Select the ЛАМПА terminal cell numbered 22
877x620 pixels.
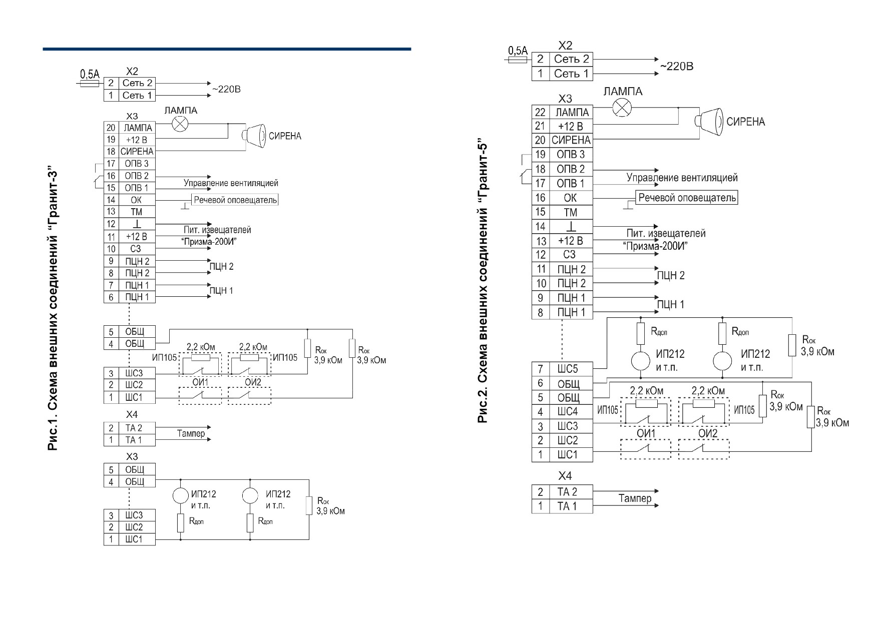click(571, 112)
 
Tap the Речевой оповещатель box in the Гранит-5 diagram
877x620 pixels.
click(687, 197)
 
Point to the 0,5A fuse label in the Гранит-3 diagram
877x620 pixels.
click(90, 75)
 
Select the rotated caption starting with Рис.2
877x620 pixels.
click(483, 281)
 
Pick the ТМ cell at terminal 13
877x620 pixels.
click(136, 212)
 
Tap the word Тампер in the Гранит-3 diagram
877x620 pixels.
click(191, 433)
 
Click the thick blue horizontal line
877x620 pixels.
click(227, 49)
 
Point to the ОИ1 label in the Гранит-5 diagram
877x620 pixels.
click(646, 433)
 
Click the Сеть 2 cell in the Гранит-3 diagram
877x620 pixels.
click(136, 83)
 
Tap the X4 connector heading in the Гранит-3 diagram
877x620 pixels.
click(132, 415)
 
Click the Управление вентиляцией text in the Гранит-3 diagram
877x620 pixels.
click(231, 183)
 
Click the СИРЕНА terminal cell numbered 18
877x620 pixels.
click(136, 151)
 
